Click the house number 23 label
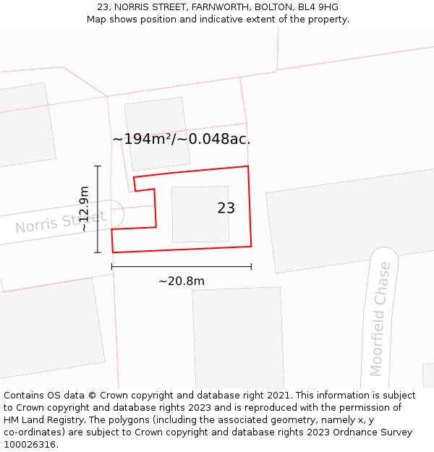coord(226,208)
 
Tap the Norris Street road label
coord(60,222)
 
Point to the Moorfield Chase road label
coord(380,319)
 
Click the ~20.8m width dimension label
coord(181,281)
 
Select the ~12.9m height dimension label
coord(84,209)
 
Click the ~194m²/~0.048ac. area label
coord(181,140)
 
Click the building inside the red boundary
coord(200,214)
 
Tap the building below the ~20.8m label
coord(237,336)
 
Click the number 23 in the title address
coord(103,7)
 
